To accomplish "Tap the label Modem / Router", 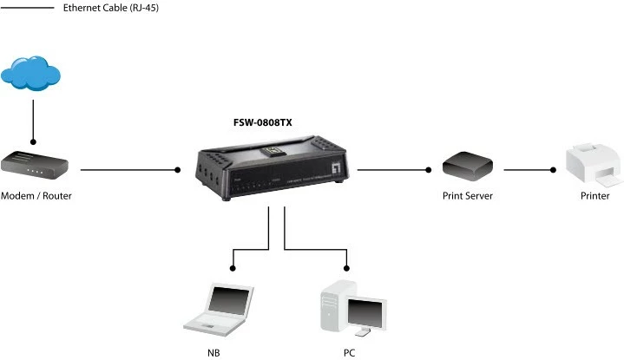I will (x=36, y=196).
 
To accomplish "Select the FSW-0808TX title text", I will (x=263, y=123).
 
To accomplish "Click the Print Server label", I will (x=467, y=196).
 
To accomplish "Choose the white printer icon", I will (x=594, y=166).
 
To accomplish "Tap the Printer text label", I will (x=594, y=196).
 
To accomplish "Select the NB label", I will (x=213, y=353).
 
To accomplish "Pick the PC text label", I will (x=349, y=353).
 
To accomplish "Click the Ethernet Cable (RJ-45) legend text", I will (x=110, y=8).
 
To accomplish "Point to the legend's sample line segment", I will (x=26, y=8).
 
